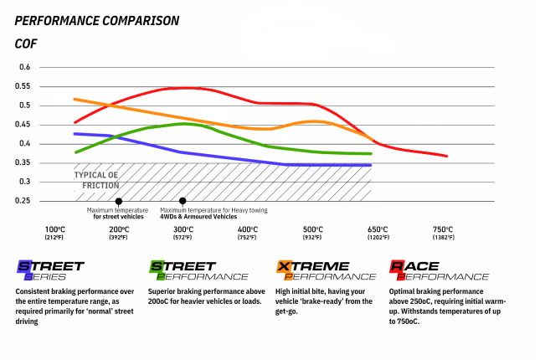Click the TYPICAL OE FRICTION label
(95, 180)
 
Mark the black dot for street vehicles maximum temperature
(119, 201)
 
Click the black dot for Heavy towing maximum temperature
(183, 201)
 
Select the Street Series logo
(50, 270)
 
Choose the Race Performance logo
(439, 270)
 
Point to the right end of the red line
(447, 156)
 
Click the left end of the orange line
(75, 99)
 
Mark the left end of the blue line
(75, 133)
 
